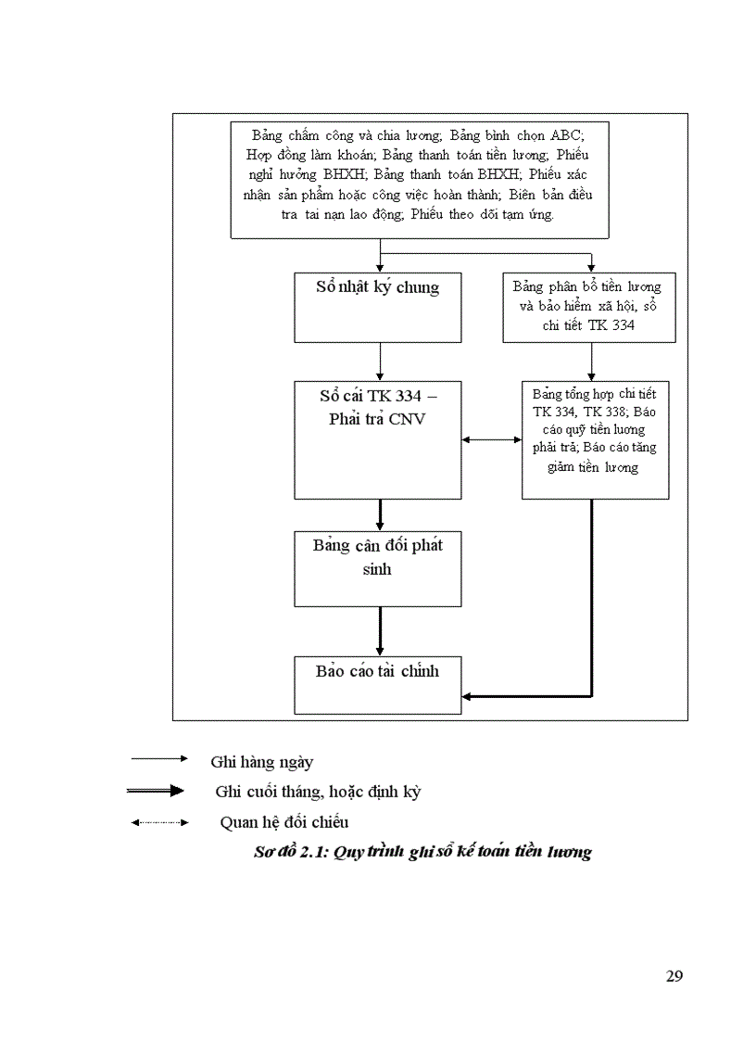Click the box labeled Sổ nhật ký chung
point(378,307)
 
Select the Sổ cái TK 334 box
point(378,439)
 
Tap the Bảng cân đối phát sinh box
point(378,568)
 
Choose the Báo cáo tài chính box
point(378,685)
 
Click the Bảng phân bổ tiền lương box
point(588,307)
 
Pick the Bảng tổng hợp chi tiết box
point(595,439)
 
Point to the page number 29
point(674,976)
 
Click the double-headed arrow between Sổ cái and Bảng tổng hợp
point(491,439)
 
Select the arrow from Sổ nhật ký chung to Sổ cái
point(380,361)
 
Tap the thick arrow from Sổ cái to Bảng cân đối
point(380,514)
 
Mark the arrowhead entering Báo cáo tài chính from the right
point(469,695)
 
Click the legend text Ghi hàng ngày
point(262,762)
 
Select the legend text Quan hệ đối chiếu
point(284,821)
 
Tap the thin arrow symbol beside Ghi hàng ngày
point(159,758)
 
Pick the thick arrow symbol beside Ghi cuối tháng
point(159,791)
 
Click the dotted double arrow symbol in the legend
point(159,821)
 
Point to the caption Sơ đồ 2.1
point(422,852)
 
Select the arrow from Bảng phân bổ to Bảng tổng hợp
point(592,361)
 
